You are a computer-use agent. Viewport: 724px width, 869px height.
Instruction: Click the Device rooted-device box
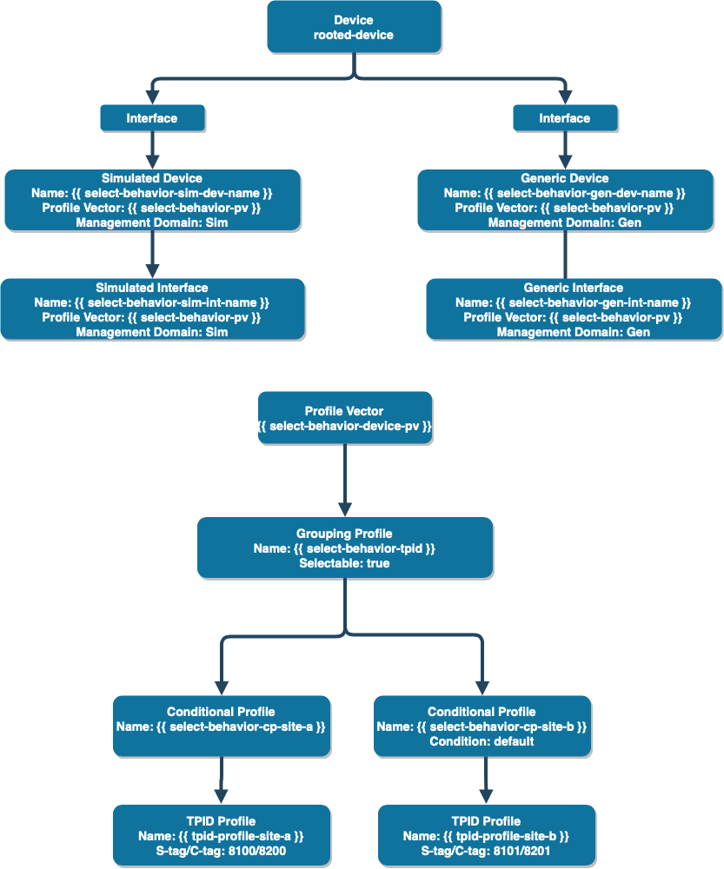pyautogui.click(x=354, y=27)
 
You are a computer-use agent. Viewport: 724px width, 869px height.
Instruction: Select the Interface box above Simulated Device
pyautogui.click(x=152, y=118)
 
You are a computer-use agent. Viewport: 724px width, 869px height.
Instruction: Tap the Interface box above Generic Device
pyautogui.click(x=565, y=118)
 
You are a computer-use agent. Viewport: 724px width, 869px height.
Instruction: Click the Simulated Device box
pyautogui.click(x=152, y=200)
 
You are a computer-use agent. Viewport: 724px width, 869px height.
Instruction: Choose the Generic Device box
pyautogui.click(x=565, y=200)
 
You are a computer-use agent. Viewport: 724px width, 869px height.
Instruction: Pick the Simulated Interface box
pyautogui.click(x=152, y=309)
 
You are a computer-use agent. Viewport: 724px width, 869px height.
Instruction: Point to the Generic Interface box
pyautogui.click(x=574, y=309)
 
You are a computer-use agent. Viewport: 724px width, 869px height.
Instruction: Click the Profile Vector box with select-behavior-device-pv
pyautogui.click(x=345, y=418)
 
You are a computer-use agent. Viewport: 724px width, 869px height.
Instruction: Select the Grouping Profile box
pyautogui.click(x=345, y=548)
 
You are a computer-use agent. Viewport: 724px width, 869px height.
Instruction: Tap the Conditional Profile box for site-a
pyautogui.click(x=222, y=726)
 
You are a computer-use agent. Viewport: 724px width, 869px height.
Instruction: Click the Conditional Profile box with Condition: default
pyautogui.click(x=482, y=726)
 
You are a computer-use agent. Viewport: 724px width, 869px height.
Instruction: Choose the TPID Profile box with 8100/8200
pyautogui.click(x=222, y=835)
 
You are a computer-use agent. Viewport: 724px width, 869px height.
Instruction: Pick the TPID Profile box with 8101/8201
pyautogui.click(x=487, y=835)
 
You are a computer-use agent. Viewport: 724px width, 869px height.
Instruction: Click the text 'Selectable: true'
pyautogui.click(x=344, y=563)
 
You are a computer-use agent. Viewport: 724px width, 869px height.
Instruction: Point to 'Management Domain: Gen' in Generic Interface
pyautogui.click(x=574, y=332)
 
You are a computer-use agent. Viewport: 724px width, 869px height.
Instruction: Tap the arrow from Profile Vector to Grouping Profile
pyautogui.click(x=345, y=481)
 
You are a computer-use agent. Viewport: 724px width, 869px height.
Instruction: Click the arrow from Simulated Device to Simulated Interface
pyautogui.click(x=152, y=255)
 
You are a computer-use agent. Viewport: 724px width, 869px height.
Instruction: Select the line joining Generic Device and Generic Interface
pyautogui.click(x=565, y=255)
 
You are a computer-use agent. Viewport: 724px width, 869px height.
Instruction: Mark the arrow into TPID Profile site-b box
pyautogui.click(x=486, y=780)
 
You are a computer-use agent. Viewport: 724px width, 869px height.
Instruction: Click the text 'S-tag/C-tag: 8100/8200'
pyautogui.click(x=221, y=851)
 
